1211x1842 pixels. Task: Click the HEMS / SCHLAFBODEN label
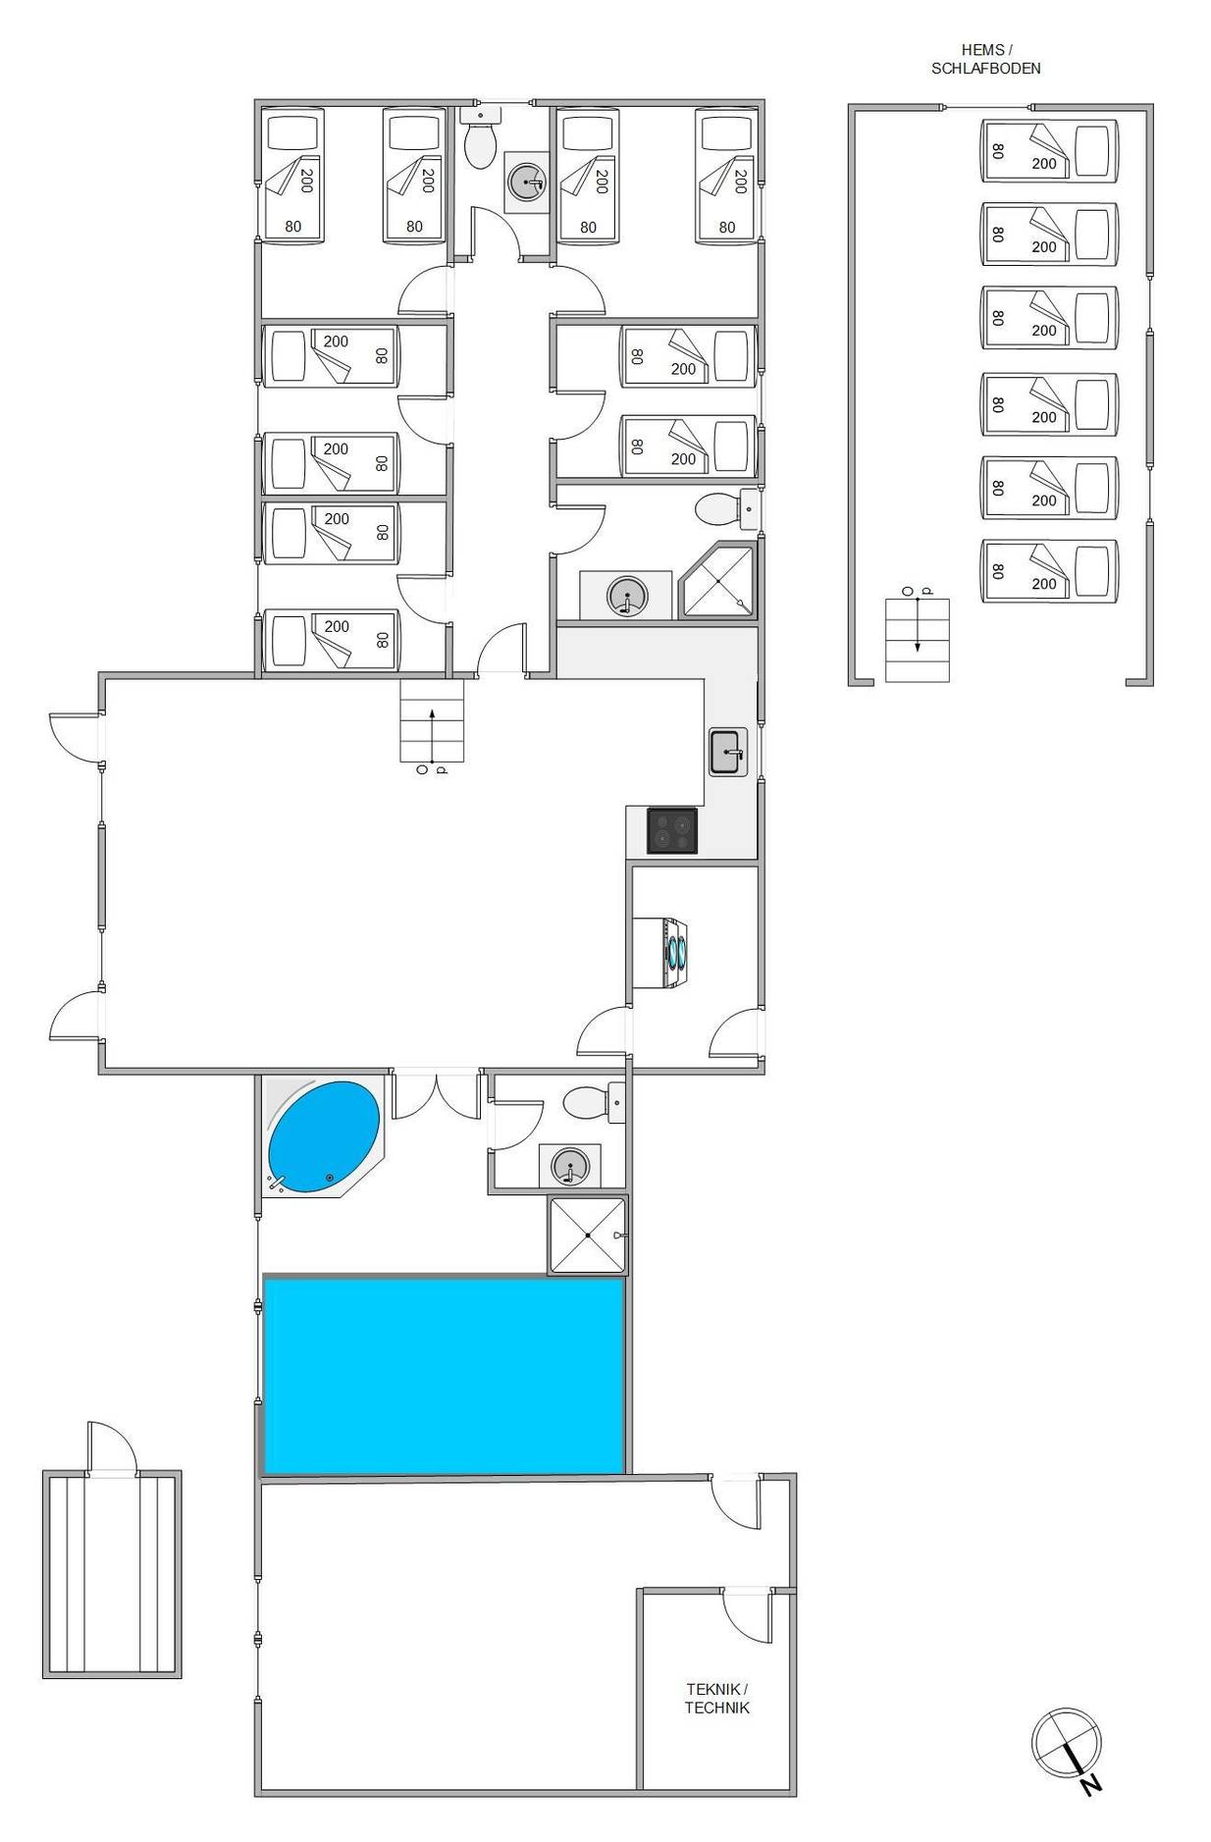point(985,59)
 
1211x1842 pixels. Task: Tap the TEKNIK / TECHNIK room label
point(716,1698)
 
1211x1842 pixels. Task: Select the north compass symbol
point(1067,1746)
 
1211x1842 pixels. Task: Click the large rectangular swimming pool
point(445,1374)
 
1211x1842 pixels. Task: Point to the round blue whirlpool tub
point(324,1137)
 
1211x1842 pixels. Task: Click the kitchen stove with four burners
point(672,829)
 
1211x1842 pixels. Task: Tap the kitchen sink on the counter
point(728,753)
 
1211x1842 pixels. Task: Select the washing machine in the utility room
point(660,953)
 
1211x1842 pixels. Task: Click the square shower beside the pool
point(587,1235)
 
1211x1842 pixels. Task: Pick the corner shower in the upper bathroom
point(719,581)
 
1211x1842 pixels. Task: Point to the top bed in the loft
point(1050,150)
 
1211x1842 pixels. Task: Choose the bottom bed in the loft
point(1050,571)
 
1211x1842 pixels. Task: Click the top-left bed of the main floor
point(292,175)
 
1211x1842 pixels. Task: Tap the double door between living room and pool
point(436,1095)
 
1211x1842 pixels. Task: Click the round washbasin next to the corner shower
point(627,595)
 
